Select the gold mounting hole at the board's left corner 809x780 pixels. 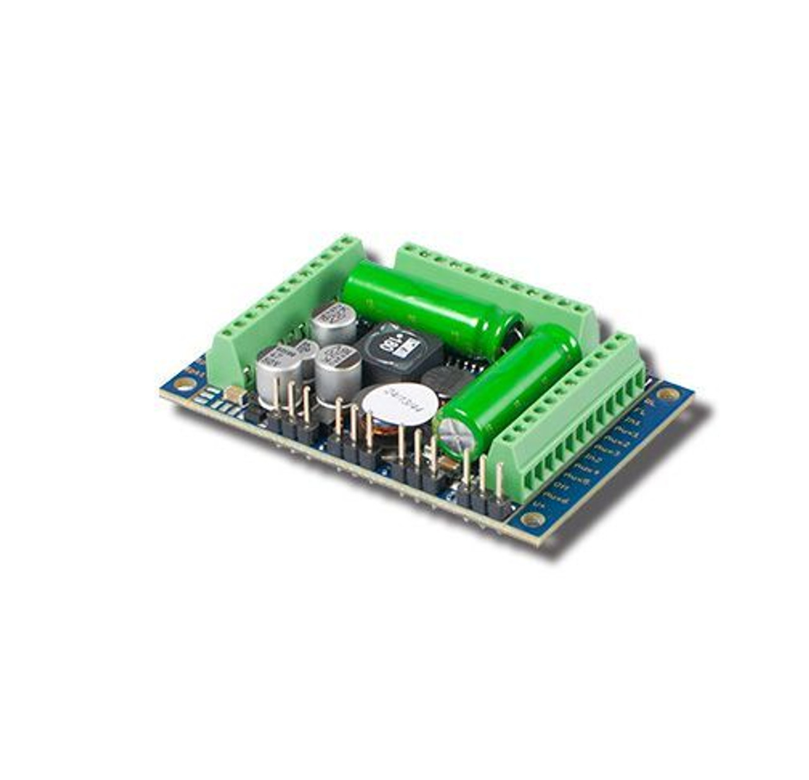click(x=184, y=384)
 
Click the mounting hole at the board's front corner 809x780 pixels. click(x=535, y=520)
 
